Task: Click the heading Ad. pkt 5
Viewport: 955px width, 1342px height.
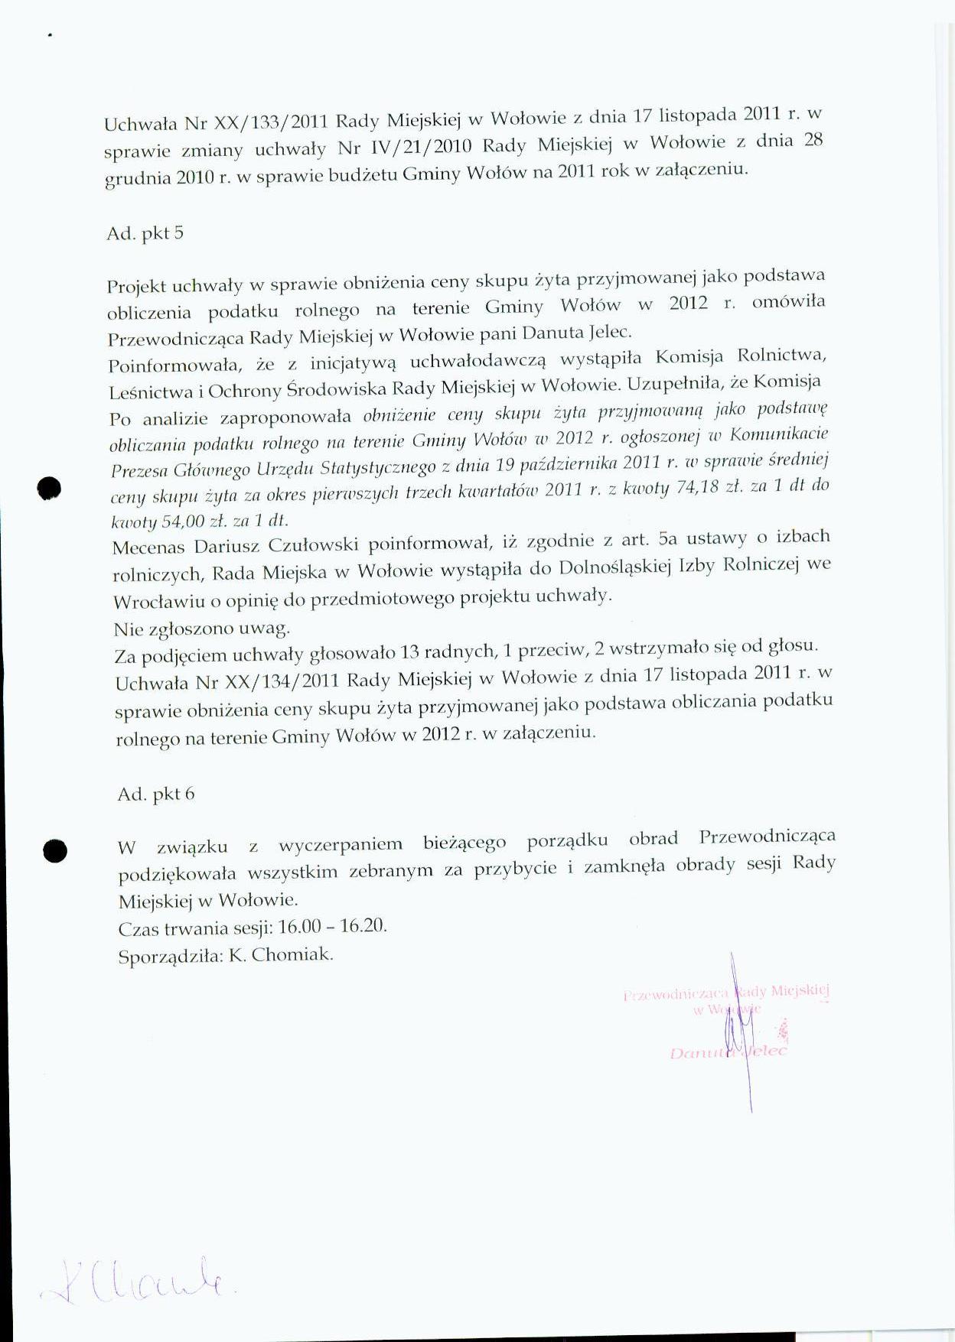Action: point(145,233)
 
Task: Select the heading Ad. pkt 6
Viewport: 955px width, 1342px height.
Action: point(156,794)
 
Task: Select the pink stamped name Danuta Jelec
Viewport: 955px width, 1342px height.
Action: point(727,1052)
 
